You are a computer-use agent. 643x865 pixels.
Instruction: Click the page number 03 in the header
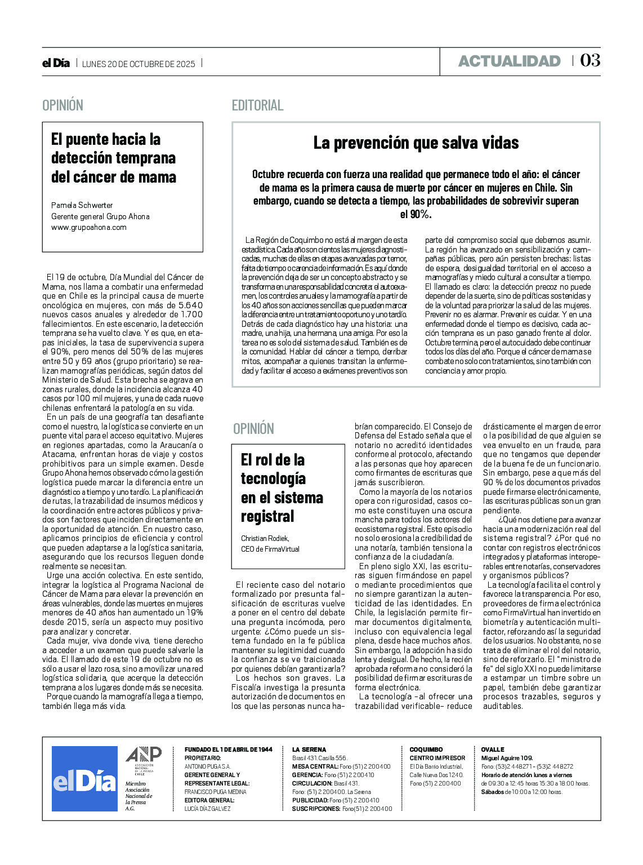click(590, 60)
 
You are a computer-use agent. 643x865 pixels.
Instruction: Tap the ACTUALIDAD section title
click(509, 61)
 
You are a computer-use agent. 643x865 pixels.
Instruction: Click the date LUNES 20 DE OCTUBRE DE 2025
click(139, 64)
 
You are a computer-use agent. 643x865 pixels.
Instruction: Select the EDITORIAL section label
click(257, 105)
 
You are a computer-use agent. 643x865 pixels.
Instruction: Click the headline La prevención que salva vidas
click(416, 143)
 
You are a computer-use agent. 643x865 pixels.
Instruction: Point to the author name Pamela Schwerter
click(82, 205)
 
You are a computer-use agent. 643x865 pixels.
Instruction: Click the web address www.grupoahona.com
click(89, 227)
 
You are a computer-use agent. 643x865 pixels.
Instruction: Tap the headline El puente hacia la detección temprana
click(114, 158)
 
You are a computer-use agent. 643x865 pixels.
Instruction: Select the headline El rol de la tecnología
click(282, 488)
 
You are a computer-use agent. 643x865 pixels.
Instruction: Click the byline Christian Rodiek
click(265, 538)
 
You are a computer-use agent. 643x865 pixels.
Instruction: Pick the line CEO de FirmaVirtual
click(270, 549)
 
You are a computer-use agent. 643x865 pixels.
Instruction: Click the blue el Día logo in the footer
click(84, 779)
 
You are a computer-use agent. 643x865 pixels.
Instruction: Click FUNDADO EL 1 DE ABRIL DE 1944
click(229, 749)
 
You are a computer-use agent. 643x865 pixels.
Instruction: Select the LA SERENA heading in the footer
click(309, 749)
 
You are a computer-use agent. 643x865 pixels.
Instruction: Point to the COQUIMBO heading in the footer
click(426, 749)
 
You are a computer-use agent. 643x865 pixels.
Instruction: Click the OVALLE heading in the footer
click(493, 749)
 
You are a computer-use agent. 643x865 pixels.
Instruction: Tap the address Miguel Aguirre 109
click(507, 758)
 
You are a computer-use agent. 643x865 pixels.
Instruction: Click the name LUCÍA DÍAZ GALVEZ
click(208, 809)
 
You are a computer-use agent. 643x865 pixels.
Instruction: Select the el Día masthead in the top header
click(56, 63)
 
